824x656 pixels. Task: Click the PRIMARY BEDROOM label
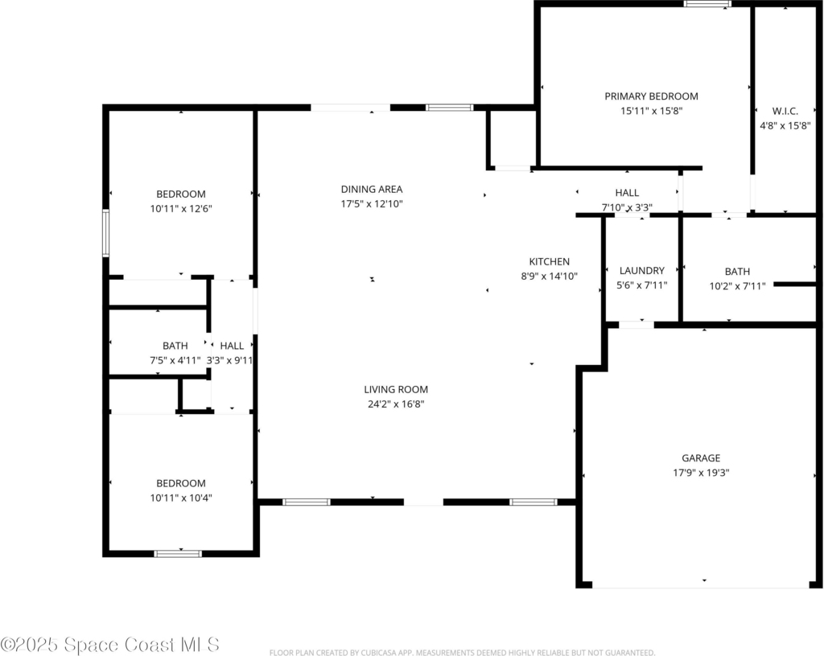click(651, 96)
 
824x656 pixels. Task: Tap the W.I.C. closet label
click(785, 111)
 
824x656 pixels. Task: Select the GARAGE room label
click(701, 457)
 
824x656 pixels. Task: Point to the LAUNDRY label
click(641, 270)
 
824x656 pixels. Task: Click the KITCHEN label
click(549, 261)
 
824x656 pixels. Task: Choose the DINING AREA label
click(372, 189)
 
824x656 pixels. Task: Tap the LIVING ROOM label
click(396, 389)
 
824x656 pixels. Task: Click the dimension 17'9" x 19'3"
click(701, 473)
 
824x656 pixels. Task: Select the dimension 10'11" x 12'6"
click(181, 208)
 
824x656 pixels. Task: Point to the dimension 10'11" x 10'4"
click(181, 498)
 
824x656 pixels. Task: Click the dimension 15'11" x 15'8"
click(651, 111)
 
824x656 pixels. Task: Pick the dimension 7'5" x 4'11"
click(175, 360)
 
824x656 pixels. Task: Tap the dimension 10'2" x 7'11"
click(737, 286)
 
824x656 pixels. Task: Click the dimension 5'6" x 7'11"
click(641, 285)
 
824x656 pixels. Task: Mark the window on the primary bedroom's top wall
click(707, 4)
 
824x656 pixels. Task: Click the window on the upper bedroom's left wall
click(105, 233)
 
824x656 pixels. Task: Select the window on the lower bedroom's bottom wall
click(178, 553)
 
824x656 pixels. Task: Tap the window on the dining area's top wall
click(449, 108)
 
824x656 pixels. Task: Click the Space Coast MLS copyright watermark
click(109, 645)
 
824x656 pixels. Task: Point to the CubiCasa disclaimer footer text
click(462, 652)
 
